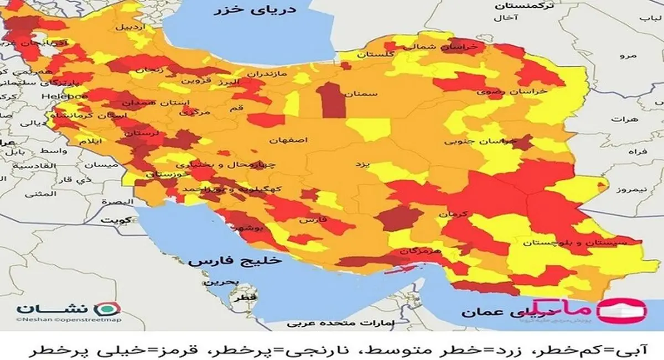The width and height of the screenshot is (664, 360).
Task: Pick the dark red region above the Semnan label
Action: pyautogui.click(x=331, y=100)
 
